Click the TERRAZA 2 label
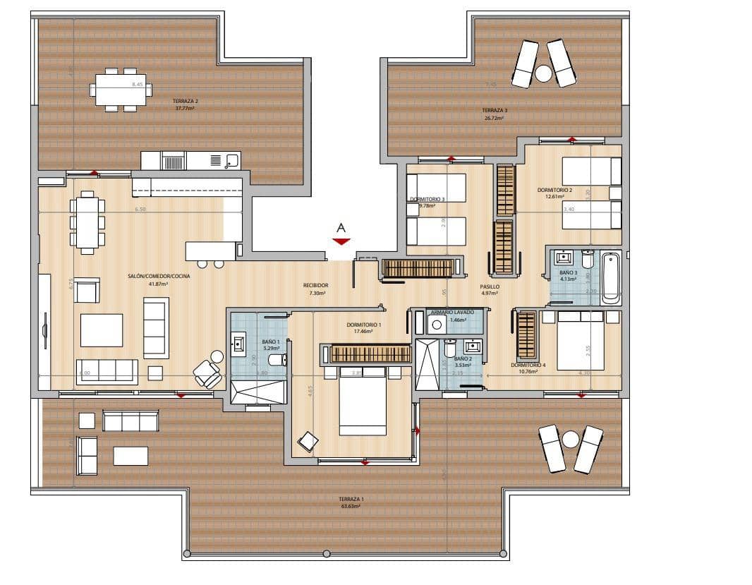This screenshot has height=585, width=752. [x=186, y=101]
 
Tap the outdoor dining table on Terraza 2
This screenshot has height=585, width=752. [x=121, y=90]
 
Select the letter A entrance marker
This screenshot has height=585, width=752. [x=341, y=228]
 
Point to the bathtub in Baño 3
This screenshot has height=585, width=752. [x=610, y=277]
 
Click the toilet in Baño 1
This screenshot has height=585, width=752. [x=277, y=359]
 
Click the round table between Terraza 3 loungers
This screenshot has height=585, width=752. [x=543, y=73]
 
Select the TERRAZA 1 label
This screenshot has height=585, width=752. [x=350, y=498]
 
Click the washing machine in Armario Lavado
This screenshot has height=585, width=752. [x=437, y=325]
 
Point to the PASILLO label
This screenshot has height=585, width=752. [x=490, y=287]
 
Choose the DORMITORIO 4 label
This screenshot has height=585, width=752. [x=528, y=365]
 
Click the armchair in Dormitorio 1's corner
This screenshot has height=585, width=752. [x=308, y=442]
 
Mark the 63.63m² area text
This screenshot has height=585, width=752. [x=350, y=506]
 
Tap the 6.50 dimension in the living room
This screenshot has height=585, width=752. [x=140, y=210]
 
